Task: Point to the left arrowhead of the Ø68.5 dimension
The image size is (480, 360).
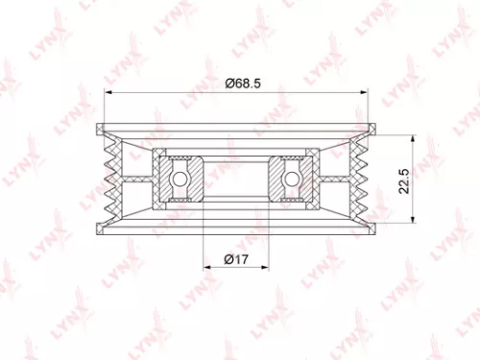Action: point(108,93)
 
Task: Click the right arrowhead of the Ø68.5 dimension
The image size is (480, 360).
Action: point(368,93)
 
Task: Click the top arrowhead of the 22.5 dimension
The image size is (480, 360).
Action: point(411,136)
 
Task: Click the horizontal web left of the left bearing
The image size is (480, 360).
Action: point(139,179)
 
